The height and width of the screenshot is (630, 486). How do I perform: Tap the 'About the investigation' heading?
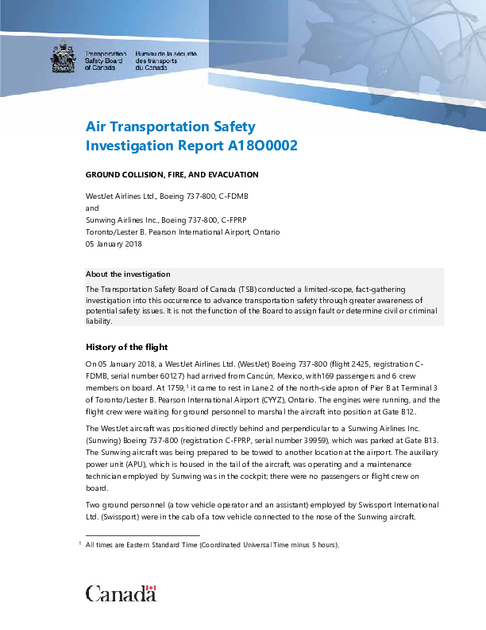(128, 274)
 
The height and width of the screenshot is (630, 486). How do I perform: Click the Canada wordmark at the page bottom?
(121, 593)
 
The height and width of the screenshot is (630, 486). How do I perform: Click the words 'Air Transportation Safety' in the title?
(171, 126)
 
